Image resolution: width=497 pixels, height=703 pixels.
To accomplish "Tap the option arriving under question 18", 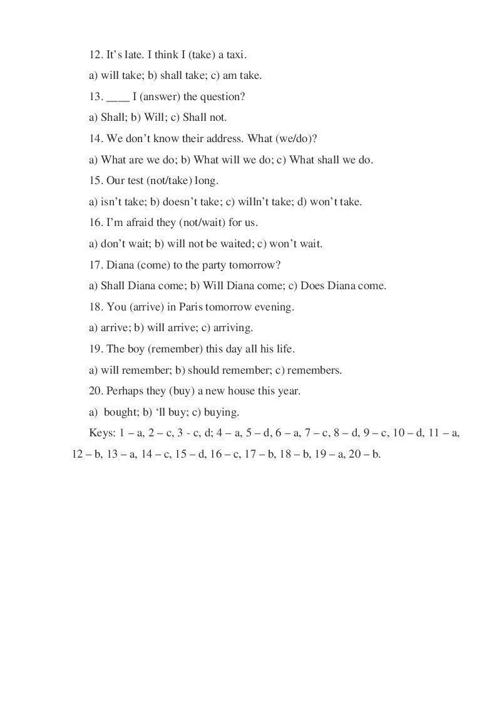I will click(x=233, y=327).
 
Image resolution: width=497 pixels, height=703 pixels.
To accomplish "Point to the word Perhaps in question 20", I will click(x=124, y=391).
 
